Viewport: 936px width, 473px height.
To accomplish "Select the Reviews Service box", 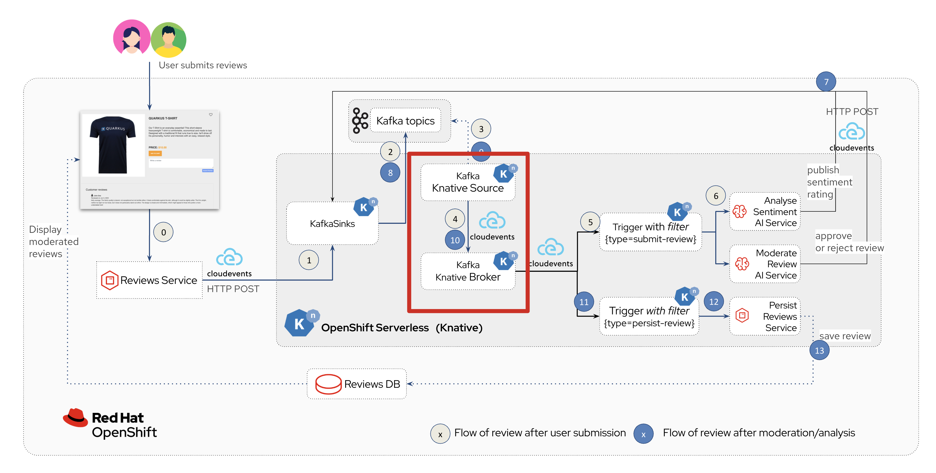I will coord(149,280).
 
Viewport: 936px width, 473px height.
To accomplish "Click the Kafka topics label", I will coord(405,121).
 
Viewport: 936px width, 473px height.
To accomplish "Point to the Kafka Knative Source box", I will coord(468,182).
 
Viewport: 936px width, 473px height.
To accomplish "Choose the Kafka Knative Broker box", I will coord(468,271).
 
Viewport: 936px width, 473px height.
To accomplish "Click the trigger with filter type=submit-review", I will coord(650,233).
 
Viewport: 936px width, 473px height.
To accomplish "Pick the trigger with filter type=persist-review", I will coord(649,316).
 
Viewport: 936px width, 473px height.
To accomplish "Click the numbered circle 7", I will coord(826,82).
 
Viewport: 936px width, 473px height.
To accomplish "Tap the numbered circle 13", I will coord(819,350).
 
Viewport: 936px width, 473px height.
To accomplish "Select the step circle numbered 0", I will coord(163,232).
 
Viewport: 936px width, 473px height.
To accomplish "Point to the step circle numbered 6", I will coord(716,196).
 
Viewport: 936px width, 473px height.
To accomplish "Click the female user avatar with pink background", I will coord(132,38).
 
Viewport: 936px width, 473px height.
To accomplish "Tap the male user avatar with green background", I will coord(169,39).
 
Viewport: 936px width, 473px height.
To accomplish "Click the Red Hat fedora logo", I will coord(76,417).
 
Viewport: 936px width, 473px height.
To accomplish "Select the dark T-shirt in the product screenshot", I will coord(113,144).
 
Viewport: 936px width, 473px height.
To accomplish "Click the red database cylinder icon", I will coord(328,384).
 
